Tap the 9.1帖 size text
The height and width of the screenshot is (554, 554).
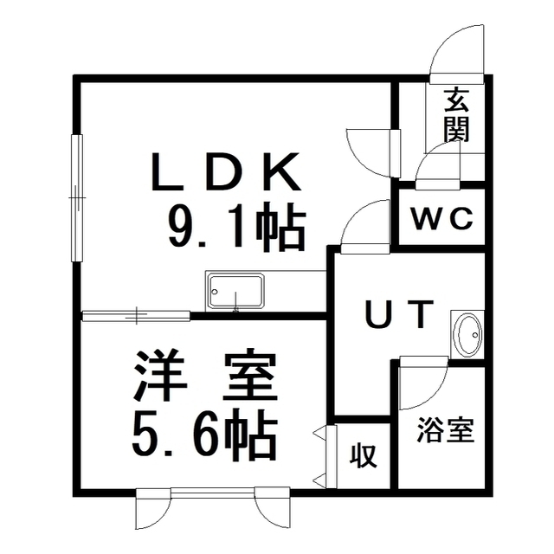click(235, 229)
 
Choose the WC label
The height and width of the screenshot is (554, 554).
click(441, 220)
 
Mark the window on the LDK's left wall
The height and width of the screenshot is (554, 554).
click(77, 198)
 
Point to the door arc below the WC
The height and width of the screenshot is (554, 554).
click(364, 227)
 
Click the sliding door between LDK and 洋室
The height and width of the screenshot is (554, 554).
click(137, 314)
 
